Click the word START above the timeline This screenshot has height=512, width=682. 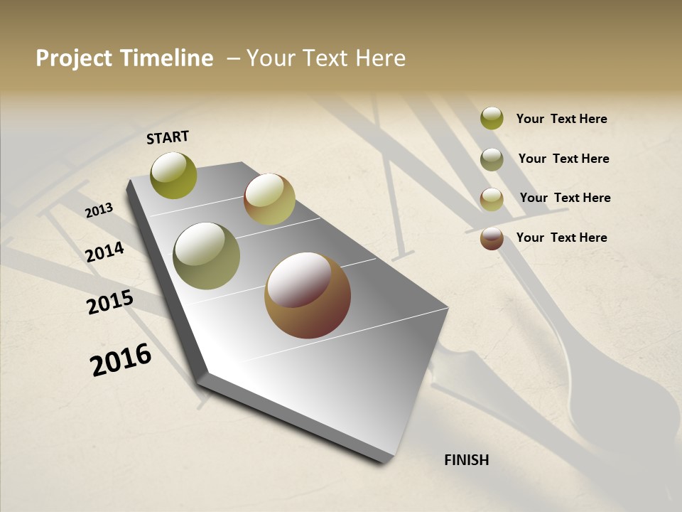(x=168, y=137)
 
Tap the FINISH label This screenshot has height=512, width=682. (x=466, y=460)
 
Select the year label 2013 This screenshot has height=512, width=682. (x=99, y=210)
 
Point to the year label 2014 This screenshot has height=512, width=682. (x=104, y=252)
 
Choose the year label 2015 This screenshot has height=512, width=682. (x=110, y=302)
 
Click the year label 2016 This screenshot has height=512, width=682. (x=121, y=360)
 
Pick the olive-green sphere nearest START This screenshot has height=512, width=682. (x=173, y=175)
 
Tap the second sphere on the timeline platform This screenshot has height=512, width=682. (x=269, y=199)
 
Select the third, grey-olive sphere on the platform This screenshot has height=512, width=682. (x=207, y=255)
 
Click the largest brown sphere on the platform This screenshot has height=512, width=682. (x=308, y=295)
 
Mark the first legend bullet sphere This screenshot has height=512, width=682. (x=492, y=118)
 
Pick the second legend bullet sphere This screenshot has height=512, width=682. (x=492, y=159)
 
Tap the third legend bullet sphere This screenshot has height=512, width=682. (x=492, y=199)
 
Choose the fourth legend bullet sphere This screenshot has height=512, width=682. (x=492, y=238)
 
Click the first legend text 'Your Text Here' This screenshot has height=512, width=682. (x=561, y=119)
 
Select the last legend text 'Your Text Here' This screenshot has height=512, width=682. (x=561, y=238)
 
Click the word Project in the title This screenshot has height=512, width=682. (x=74, y=58)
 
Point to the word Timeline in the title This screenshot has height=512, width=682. (x=166, y=58)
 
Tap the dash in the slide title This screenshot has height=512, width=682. (x=233, y=59)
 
